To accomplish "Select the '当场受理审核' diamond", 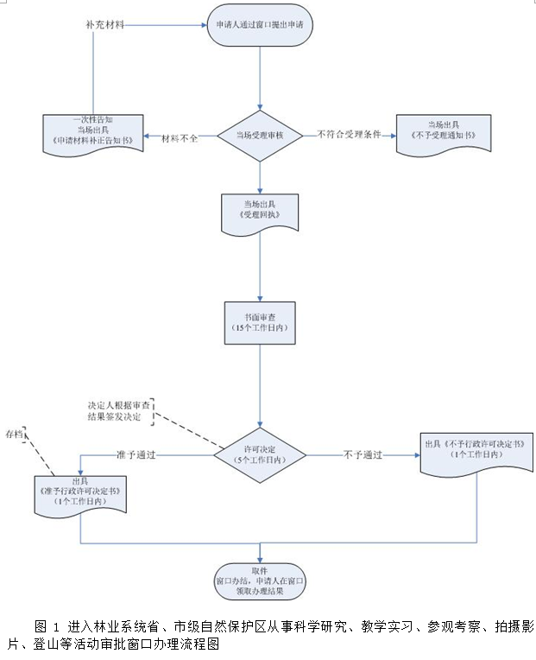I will point(260,136).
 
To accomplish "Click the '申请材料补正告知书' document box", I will point(92,132).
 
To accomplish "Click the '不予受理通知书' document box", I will point(437,133).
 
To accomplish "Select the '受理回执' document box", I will point(260,208).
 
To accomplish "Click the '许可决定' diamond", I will point(260,454).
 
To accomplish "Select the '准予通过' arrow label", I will point(136,454).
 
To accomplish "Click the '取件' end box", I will point(260,580).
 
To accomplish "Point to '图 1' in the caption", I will point(47,625).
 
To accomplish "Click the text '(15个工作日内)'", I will point(260,329).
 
